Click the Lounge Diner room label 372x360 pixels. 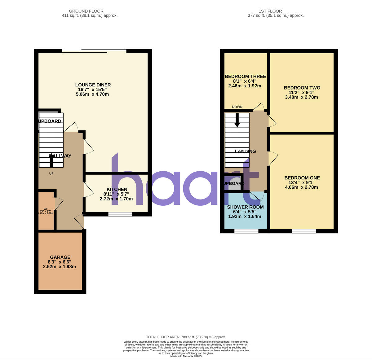(93, 85)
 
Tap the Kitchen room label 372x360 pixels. (117, 190)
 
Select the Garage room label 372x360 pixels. (60, 257)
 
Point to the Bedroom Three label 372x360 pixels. (245, 77)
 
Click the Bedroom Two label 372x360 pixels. (302, 88)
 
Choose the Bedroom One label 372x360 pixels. (302, 178)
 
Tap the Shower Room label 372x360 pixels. (245, 207)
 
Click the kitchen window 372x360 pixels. (120, 214)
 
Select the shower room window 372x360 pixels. (246, 231)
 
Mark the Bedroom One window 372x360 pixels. (304, 231)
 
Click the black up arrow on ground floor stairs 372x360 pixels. (51, 159)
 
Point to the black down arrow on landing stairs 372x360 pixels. (237, 120)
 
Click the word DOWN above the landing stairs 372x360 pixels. (237, 107)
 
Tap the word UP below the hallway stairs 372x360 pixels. (51, 173)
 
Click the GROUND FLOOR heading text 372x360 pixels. (86, 11)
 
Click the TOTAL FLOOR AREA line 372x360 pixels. (186, 337)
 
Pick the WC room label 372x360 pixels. (46, 209)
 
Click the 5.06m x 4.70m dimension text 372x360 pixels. (92, 94)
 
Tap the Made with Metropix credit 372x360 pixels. (186, 356)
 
